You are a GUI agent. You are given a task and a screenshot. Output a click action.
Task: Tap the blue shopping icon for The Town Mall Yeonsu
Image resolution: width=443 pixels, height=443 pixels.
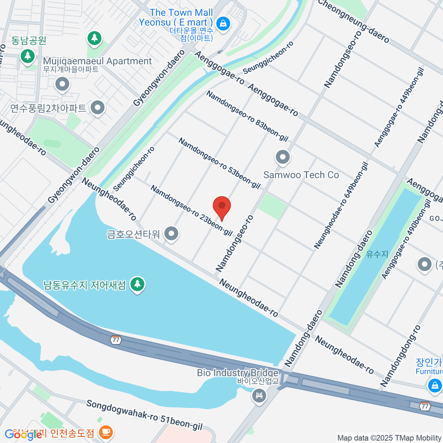(x=223, y=24)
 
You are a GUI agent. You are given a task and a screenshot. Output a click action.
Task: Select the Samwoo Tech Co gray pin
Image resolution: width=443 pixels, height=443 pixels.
(x=283, y=158)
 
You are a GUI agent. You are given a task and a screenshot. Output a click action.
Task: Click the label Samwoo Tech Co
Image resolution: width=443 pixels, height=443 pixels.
(x=301, y=175)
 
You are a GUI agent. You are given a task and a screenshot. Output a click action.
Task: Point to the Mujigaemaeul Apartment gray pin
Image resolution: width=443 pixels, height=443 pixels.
(x=62, y=85)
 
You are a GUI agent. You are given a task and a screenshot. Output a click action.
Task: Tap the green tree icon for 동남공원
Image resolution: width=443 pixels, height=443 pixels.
(x=28, y=56)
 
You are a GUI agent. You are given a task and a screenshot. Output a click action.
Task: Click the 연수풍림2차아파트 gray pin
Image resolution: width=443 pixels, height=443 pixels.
(x=98, y=108)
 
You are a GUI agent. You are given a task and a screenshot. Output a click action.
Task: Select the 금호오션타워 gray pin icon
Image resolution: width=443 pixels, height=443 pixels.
(x=171, y=234)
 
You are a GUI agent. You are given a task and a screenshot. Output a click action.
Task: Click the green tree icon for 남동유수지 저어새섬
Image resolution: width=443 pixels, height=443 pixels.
(x=138, y=284)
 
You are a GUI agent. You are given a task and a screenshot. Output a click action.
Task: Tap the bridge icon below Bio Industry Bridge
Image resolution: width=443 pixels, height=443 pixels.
(x=259, y=396)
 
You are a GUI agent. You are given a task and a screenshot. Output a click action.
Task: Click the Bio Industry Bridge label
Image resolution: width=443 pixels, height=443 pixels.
(x=237, y=373)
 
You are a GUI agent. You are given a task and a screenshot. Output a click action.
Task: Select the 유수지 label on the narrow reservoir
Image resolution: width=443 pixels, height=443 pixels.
(x=377, y=254)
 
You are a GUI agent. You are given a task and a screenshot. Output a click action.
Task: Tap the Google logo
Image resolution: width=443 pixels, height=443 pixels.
(x=23, y=435)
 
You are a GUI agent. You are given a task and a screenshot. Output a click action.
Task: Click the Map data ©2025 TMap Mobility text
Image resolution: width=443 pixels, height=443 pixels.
(x=389, y=438)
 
